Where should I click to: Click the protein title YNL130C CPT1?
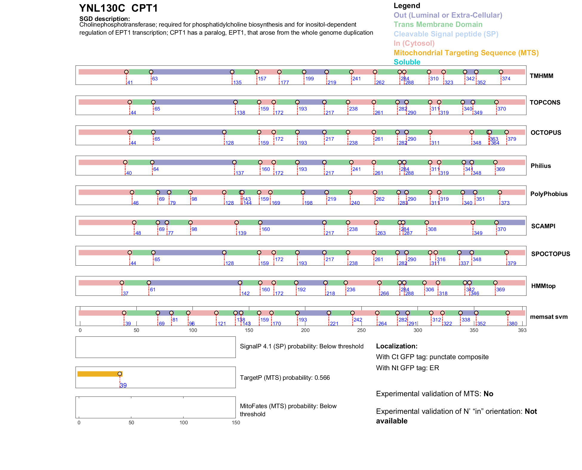(118, 8)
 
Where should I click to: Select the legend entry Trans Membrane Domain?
(438, 25)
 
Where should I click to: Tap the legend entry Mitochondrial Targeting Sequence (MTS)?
(466, 53)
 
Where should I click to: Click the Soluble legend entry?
(407, 62)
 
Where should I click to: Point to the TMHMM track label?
(541, 76)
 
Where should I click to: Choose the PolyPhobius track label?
(549, 194)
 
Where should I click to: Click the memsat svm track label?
(549, 317)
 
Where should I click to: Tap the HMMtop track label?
(543, 286)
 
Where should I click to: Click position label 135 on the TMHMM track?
(237, 83)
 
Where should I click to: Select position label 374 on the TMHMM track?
(506, 79)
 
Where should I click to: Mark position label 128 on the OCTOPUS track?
(230, 143)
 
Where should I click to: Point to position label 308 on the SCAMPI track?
(432, 229)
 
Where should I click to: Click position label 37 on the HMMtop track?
(126, 294)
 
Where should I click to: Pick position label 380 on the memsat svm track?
(513, 324)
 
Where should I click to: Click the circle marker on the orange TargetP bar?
(120, 374)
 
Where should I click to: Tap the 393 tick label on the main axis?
(522, 330)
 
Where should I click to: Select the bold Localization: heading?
(397, 346)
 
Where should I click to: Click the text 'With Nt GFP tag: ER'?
(407, 368)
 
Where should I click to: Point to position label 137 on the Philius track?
(240, 173)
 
